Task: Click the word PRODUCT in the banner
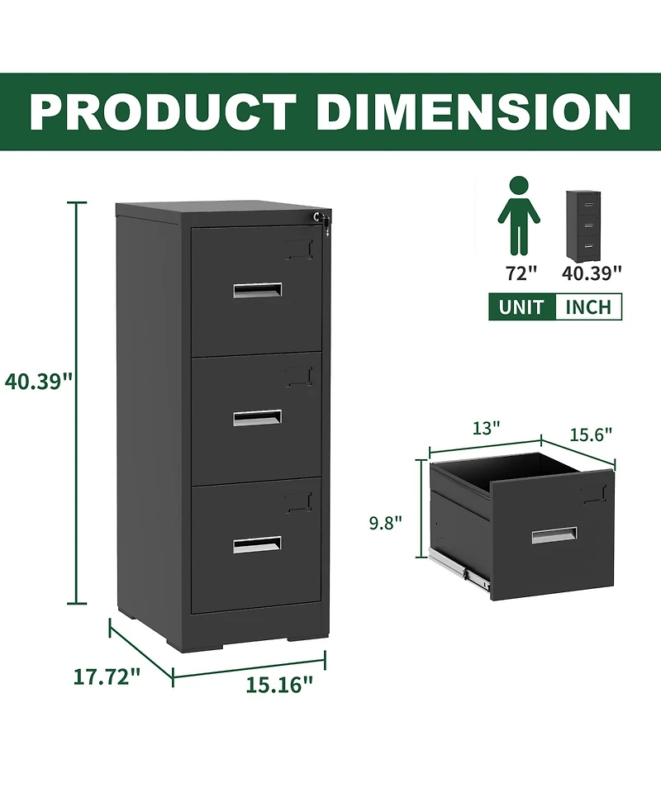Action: coord(163,112)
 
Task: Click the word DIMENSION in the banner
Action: coord(473,112)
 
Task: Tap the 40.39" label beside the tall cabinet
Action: coord(39,381)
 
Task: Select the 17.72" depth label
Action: coord(107,677)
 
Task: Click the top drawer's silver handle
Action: coord(257,290)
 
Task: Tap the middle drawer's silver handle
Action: coord(257,417)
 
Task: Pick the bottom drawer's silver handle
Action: coord(257,544)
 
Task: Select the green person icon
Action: coord(519,214)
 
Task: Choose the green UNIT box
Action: coord(521,308)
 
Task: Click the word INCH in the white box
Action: coord(588,308)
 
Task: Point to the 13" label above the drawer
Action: coord(487,428)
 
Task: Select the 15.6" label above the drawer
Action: coord(590,434)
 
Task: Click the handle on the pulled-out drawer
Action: coord(554,535)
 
